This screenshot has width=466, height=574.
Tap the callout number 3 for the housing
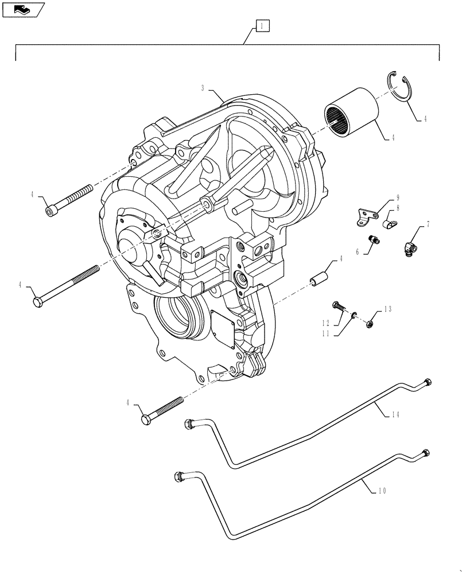[204, 88]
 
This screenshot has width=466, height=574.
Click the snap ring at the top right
[400, 88]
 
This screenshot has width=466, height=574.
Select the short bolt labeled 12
[339, 307]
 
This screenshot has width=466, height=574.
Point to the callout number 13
[388, 309]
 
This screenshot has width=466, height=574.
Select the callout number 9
[397, 197]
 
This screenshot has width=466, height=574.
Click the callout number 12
[325, 323]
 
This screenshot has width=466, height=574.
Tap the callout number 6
[357, 251]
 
